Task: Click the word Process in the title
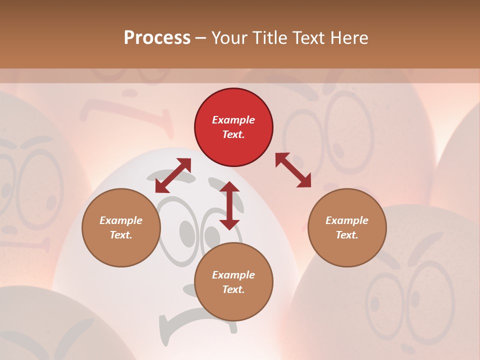(157, 38)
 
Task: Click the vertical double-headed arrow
(229, 205)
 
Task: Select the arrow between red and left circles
(173, 175)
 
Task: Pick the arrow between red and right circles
(293, 170)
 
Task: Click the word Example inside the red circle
(233, 120)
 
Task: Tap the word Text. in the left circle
(121, 235)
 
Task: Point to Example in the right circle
(347, 220)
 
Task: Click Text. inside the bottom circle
(233, 289)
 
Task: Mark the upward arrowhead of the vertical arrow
(229, 187)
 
